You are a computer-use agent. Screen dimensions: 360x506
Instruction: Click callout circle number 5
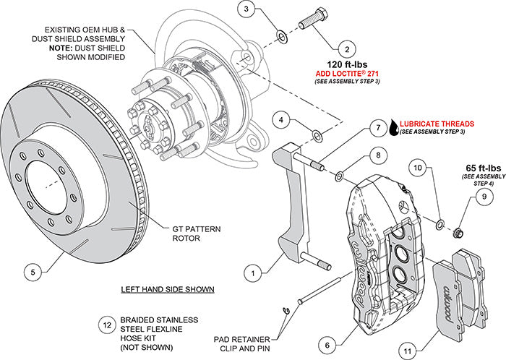point(31,272)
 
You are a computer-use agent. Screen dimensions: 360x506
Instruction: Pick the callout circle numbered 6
point(328,345)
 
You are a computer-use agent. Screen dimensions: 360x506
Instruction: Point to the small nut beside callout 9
point(456,232)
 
